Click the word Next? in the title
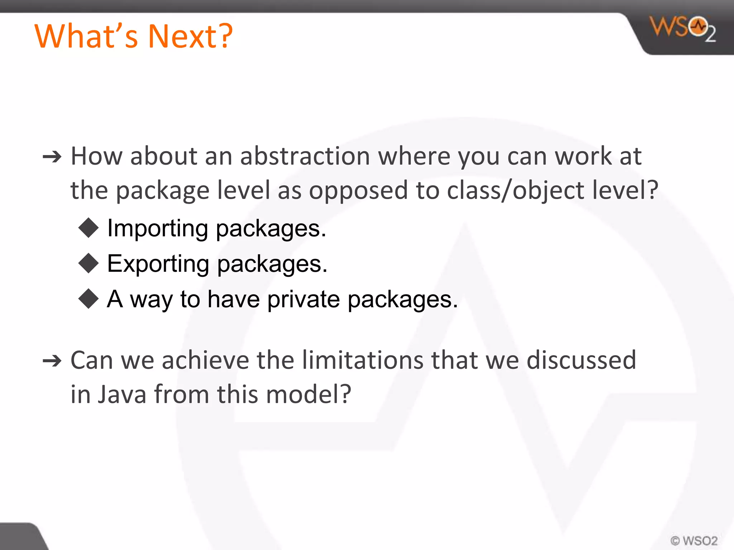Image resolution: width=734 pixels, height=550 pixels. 190,36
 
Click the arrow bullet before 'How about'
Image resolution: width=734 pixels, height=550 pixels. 52,157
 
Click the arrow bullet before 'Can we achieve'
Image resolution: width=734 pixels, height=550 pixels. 52,361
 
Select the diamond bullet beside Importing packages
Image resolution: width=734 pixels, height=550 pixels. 89,228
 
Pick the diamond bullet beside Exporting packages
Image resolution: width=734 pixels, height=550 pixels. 89,264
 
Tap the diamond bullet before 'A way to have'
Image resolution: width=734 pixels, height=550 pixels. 89,299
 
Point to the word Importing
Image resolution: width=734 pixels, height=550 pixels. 158,228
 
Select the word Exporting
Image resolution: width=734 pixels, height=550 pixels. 158,264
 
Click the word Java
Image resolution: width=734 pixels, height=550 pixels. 122,394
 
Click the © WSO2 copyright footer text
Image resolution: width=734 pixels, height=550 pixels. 694,540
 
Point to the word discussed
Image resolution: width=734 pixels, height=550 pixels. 581,360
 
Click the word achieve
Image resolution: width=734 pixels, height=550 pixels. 205,360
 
